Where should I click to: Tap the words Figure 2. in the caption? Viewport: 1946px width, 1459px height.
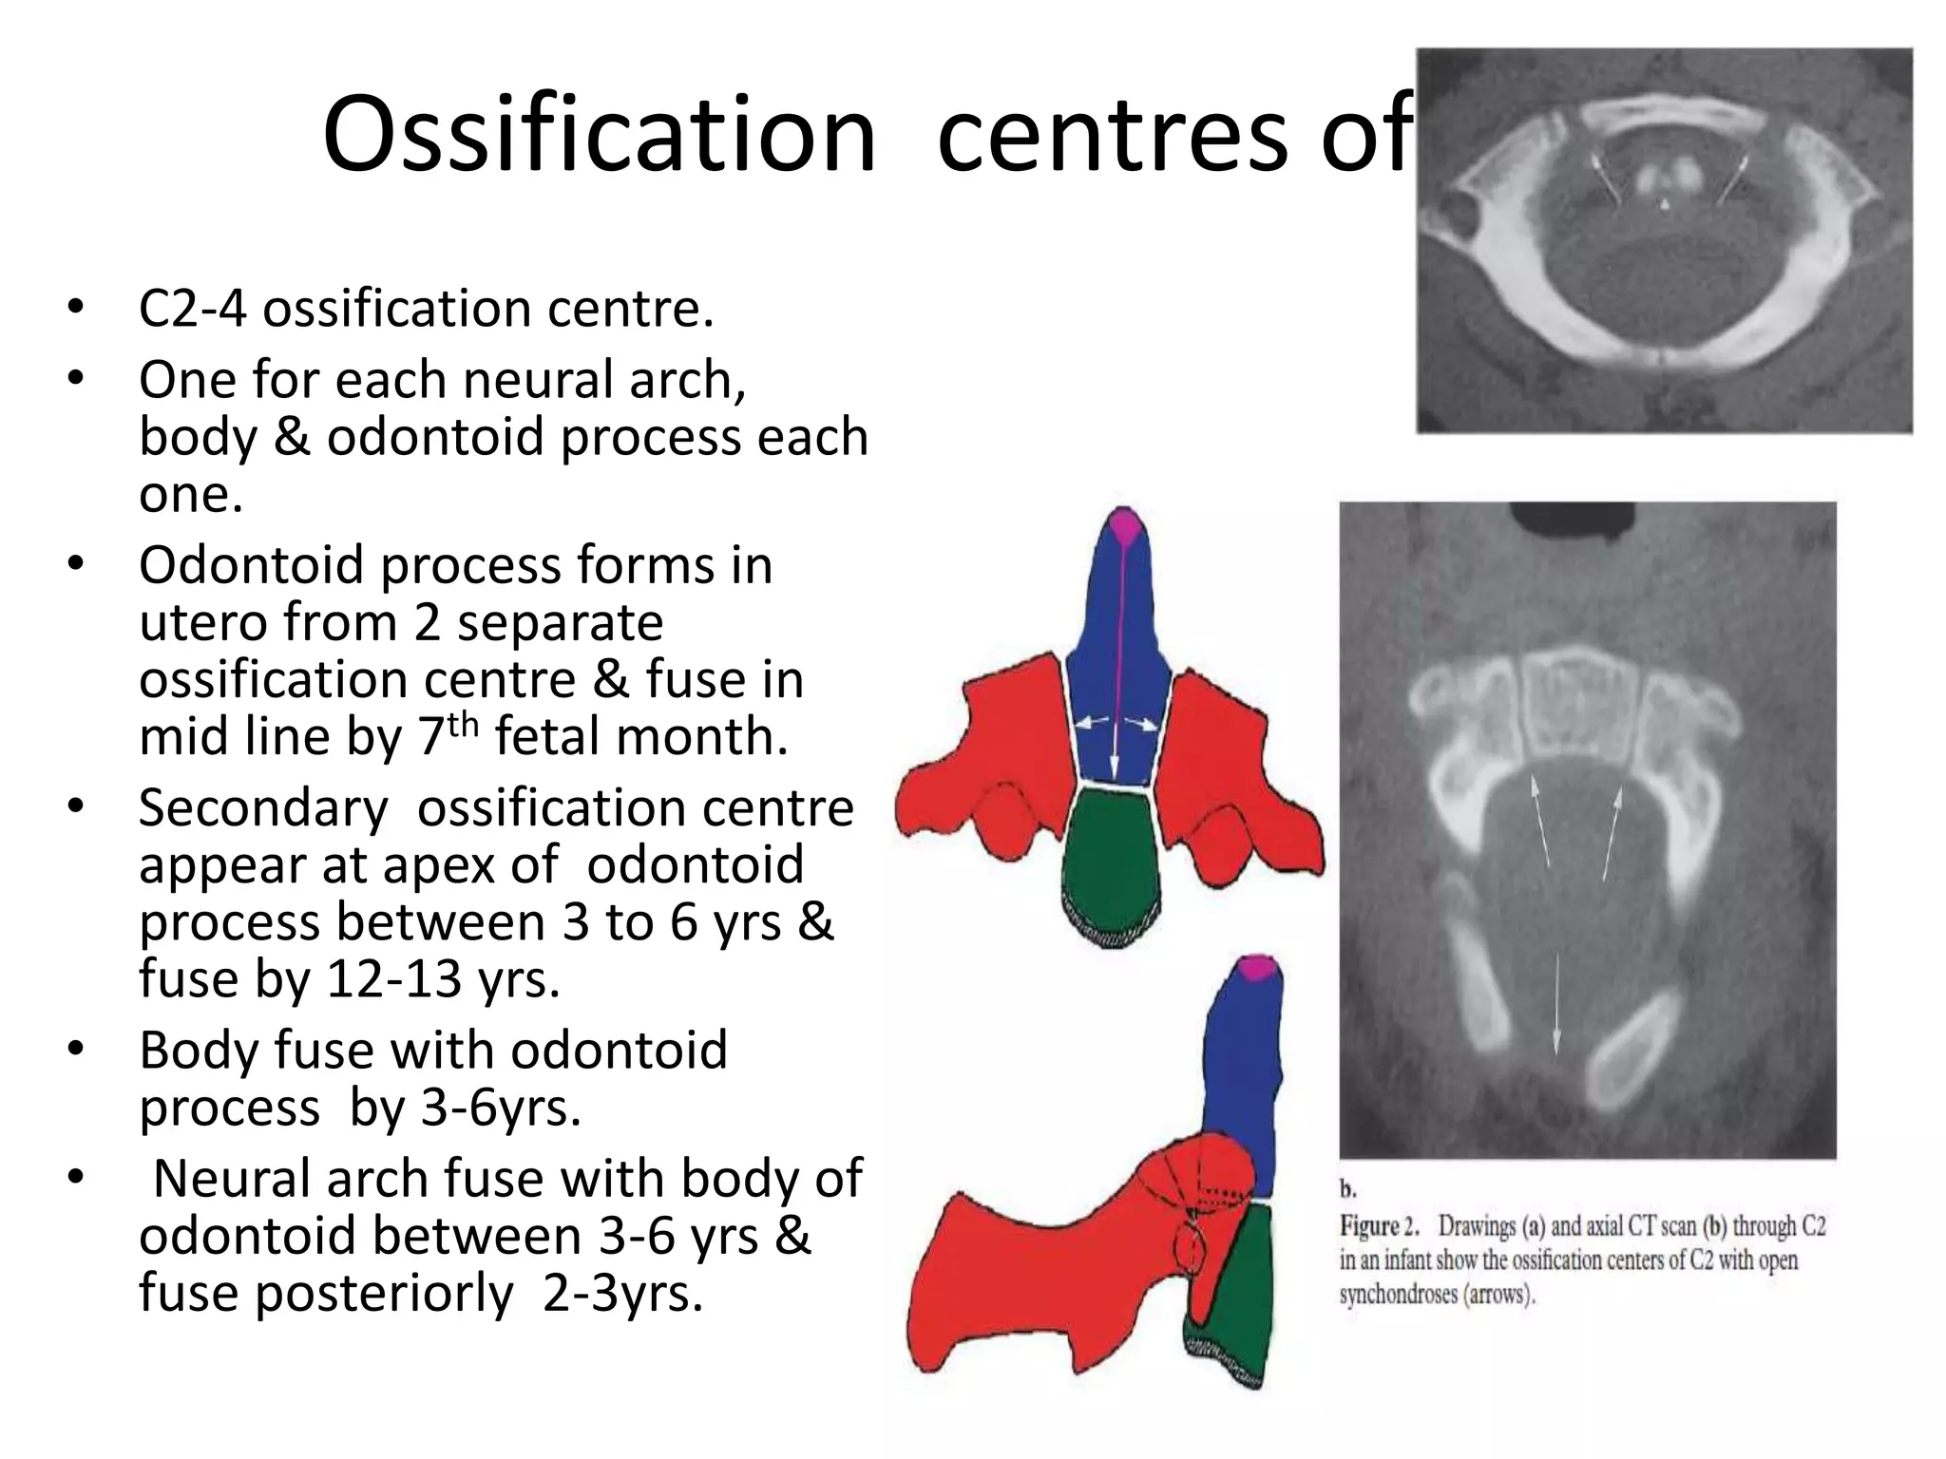click(x=1379, y=1226)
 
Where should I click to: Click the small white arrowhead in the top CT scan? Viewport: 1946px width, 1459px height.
click(x=1664, y=204)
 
